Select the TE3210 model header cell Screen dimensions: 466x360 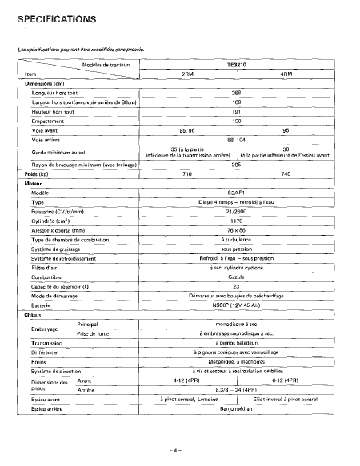[x=236, y=65]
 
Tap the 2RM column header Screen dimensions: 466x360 [x=188, y=74]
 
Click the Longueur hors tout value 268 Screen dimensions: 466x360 [x=236, y=92]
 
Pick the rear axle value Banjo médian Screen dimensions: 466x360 [x=236, y=408]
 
